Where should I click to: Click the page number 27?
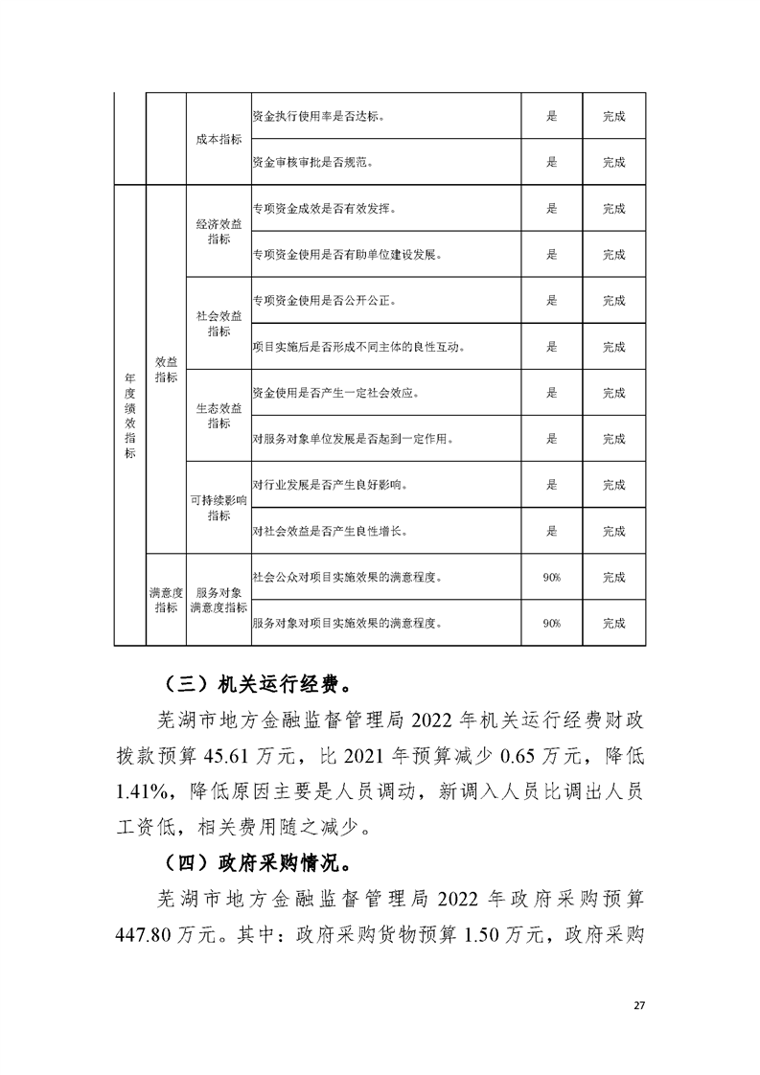tap(641, 1005)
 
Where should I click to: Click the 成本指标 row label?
tap(219, 139)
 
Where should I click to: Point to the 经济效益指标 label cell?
tap(219, 231)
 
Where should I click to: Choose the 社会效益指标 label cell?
tap(219, 323)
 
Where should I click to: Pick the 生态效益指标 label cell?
tap(219, 415)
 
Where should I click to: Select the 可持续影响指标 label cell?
tap(219, 508)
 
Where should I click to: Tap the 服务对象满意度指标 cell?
tap(219, 601)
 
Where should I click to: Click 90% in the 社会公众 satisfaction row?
tap(551, 578)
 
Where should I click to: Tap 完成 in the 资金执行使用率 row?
tap(613, 116)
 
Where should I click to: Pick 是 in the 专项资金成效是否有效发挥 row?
tap(551, 209)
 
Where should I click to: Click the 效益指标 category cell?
tap(166, 369)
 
